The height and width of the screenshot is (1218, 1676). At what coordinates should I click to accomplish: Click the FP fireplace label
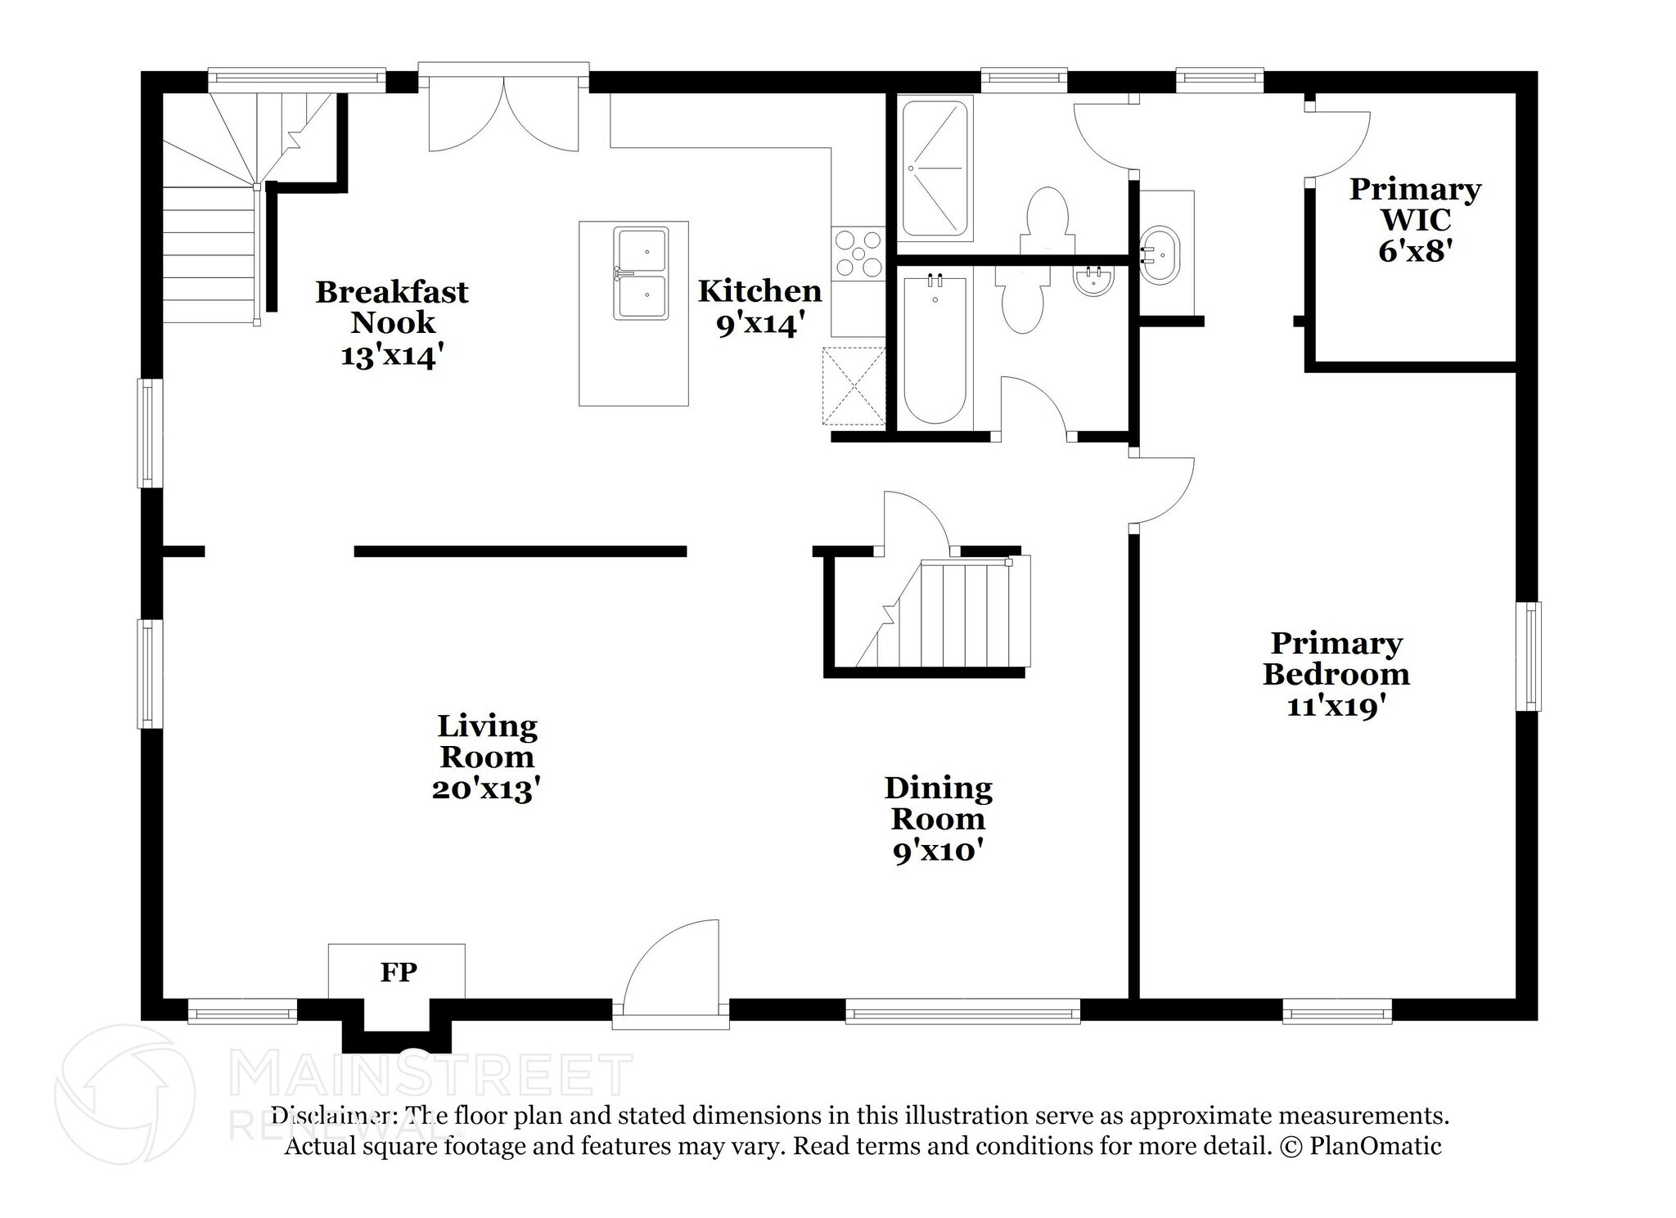399,972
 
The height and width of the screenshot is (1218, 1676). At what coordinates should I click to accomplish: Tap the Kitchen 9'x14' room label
759,308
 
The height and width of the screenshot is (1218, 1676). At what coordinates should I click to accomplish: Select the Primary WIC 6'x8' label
1415,220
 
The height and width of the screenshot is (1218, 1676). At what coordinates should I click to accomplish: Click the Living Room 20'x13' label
487,757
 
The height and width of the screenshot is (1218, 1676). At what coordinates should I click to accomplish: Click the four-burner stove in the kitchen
858,253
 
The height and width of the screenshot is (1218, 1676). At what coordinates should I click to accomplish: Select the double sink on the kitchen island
642,273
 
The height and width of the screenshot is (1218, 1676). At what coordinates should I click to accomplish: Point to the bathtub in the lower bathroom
935,350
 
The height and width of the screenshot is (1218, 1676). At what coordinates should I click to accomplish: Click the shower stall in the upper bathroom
935,168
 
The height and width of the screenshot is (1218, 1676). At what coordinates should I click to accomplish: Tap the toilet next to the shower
1047,219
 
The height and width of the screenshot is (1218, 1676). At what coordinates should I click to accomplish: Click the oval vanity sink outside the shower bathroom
1160,254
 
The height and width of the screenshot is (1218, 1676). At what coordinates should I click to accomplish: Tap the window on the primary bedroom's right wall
1530,656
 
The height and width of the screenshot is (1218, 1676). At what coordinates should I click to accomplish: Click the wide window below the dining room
962,1011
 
